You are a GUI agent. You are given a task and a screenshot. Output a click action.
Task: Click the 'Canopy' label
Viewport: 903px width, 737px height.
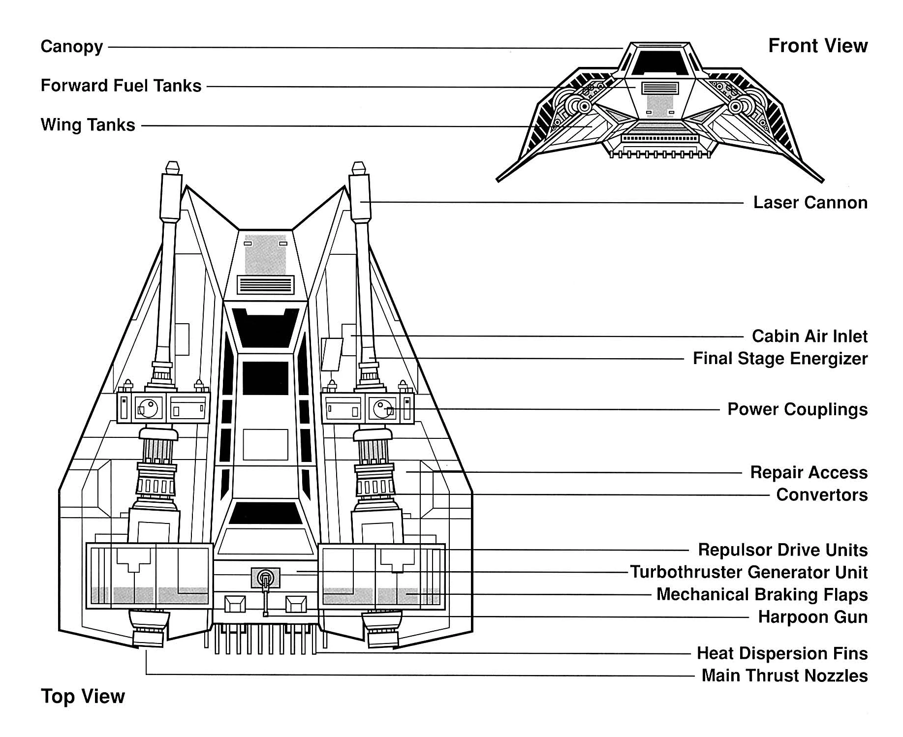[71, 47]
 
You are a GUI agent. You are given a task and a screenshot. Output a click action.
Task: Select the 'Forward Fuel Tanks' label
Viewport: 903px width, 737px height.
[121, 86]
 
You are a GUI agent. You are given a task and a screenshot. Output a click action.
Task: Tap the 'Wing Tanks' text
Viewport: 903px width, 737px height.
[88, 125]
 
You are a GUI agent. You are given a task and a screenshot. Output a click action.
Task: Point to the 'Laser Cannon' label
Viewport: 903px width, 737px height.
[810, 203]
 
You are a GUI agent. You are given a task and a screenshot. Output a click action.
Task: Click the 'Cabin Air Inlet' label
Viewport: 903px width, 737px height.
[810, 337]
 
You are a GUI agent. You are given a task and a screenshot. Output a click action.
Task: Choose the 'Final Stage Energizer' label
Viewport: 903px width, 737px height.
[780, 359]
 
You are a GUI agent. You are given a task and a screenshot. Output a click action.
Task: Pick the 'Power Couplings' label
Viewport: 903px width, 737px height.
[797, 409]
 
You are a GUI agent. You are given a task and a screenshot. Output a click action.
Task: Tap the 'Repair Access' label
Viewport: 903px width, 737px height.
[809, 472]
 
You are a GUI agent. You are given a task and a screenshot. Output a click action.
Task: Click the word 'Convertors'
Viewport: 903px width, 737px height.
[822, 494]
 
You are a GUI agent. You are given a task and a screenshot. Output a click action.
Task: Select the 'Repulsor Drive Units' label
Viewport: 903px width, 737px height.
[782, 550]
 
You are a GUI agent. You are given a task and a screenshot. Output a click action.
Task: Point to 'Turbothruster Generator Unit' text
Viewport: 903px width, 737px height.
[749, 572]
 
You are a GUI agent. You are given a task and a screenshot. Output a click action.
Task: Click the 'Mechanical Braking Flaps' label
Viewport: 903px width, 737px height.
[762, 594]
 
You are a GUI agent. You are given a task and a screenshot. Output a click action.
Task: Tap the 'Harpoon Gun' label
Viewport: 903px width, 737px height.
[812, 617]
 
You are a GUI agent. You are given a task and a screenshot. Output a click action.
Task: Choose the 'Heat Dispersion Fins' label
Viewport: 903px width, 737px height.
[782, 653]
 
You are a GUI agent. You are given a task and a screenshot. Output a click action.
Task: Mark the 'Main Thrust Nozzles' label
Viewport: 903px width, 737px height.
[784, 676]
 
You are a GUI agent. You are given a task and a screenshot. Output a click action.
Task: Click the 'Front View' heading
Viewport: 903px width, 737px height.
[818, 46]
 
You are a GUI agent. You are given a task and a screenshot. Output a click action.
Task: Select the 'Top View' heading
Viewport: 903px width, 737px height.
[83, 696]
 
